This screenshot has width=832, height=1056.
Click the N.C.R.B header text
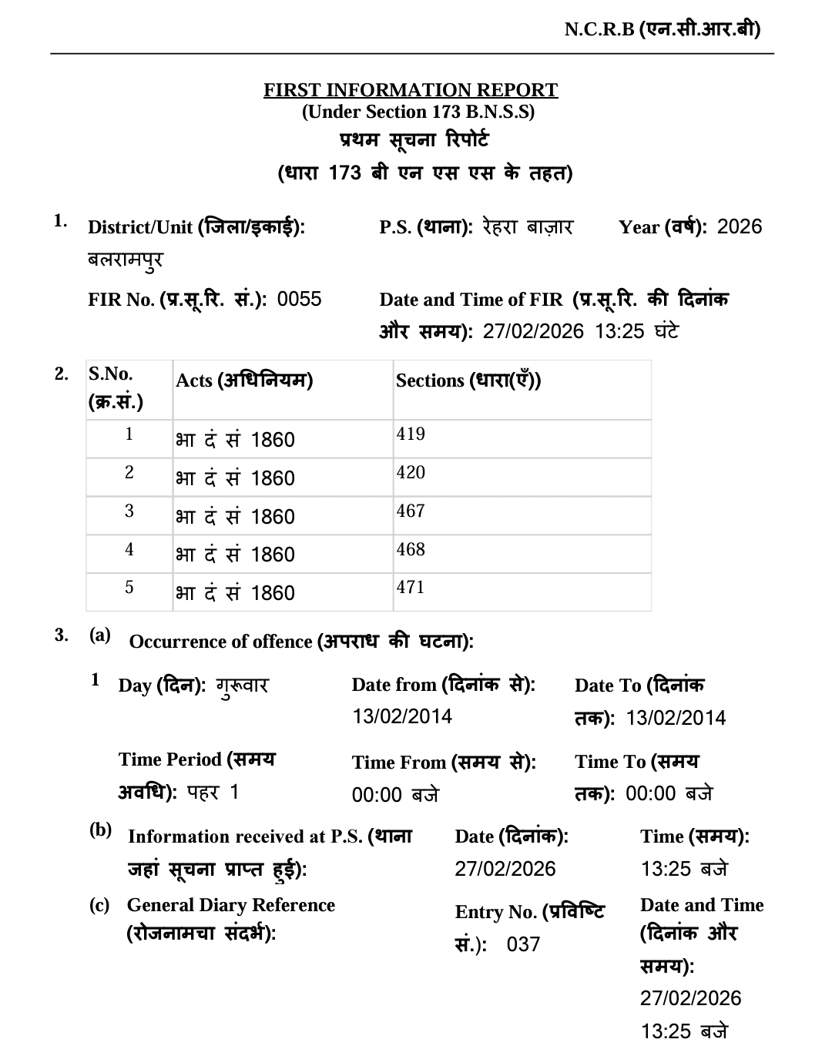(662, 29)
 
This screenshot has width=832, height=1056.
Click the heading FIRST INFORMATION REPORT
(411, 90)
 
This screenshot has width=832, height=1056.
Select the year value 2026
(739, 226)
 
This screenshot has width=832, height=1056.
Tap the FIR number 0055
(299, 299)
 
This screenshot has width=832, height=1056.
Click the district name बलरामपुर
(126, 260)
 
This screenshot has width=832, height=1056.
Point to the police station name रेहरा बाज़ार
(528, 226)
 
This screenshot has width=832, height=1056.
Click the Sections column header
(468, 380)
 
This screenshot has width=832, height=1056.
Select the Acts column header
(244, 380)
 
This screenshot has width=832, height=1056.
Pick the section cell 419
(411, 434)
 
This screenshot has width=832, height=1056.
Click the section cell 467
(411, 511)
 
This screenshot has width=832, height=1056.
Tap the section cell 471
(411, 588)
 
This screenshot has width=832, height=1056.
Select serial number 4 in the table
(129, 550)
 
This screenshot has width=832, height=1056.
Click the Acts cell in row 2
(235, 478)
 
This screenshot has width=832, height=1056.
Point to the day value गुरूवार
(242, 685)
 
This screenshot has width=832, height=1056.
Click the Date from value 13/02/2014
(402, 716)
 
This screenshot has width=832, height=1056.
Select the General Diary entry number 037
(523, 944)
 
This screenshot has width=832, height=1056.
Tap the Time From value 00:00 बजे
(395, 794)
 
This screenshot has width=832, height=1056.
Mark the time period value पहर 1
(213, 792)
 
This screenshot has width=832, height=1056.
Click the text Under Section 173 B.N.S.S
(418, 112)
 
